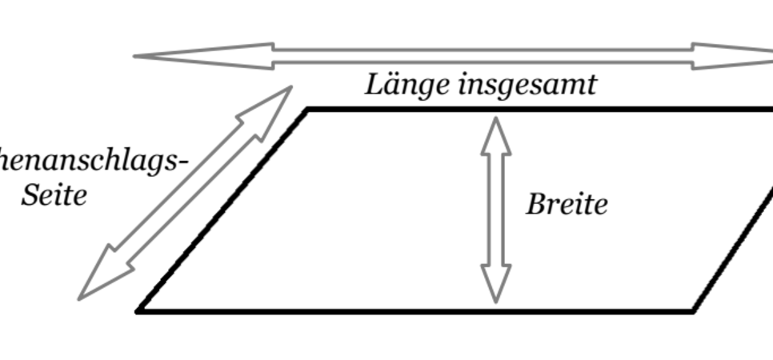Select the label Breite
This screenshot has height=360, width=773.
[x=567, y=205]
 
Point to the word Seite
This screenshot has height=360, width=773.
[x=54, y=195]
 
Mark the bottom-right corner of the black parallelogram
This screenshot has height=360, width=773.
[x=692, y=310]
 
